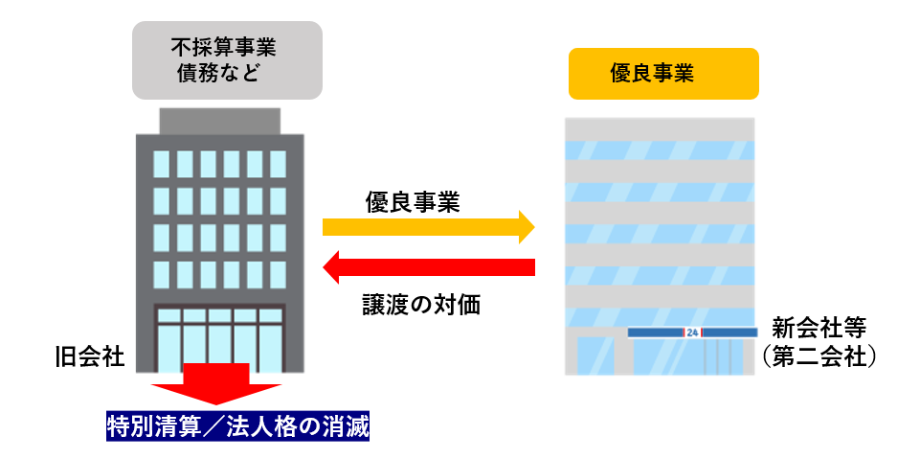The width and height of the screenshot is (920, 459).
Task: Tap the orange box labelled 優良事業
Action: [663, 74]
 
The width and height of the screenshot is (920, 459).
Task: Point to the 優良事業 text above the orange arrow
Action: [413, 201]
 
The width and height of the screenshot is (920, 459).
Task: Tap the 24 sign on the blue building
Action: [692, 333]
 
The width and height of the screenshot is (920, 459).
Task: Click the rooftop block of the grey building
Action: [219, 121]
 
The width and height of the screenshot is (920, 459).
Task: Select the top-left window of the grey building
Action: [161, 162]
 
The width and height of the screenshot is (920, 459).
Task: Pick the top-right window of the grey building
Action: [278, 162]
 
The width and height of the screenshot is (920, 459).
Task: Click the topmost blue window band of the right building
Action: [660, 150]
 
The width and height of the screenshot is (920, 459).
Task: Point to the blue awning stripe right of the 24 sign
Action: [730, 333]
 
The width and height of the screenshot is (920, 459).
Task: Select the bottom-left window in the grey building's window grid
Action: [161, 273]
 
